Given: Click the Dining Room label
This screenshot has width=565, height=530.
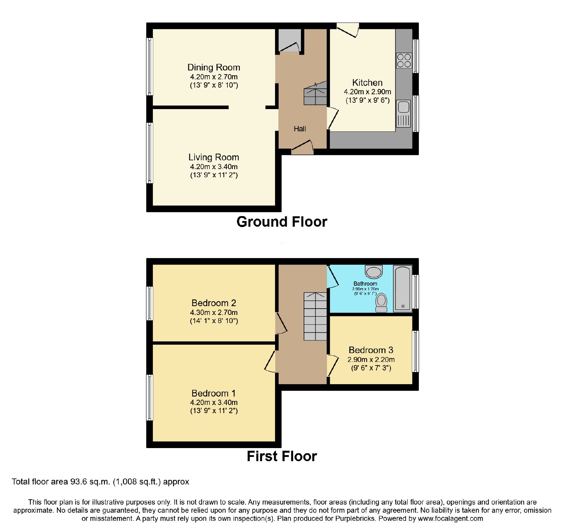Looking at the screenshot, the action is [214, 67].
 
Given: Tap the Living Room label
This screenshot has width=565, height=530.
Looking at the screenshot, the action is [214, 157].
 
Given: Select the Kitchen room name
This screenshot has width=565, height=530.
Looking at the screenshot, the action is [367, 83].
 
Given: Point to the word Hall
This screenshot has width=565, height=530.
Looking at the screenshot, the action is [300, 129].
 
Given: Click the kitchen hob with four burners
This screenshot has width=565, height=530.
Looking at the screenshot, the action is [404, 60].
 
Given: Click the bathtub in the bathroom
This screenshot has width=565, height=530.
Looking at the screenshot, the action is [403, 288].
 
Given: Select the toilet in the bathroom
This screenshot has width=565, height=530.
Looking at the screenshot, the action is [381, 303].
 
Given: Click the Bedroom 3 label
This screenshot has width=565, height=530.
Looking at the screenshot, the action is [371, 350].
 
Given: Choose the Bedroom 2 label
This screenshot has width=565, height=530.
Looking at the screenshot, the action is [214, 303].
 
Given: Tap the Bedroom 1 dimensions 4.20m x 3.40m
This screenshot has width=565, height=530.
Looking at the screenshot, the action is [214, 403].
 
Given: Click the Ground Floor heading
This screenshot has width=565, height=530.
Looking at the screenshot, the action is [282, 222].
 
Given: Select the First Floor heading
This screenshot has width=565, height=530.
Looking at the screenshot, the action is [282, 456].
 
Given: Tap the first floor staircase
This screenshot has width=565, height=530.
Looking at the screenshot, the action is [315, 316].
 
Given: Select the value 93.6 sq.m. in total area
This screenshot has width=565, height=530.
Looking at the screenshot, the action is [88, 482].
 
